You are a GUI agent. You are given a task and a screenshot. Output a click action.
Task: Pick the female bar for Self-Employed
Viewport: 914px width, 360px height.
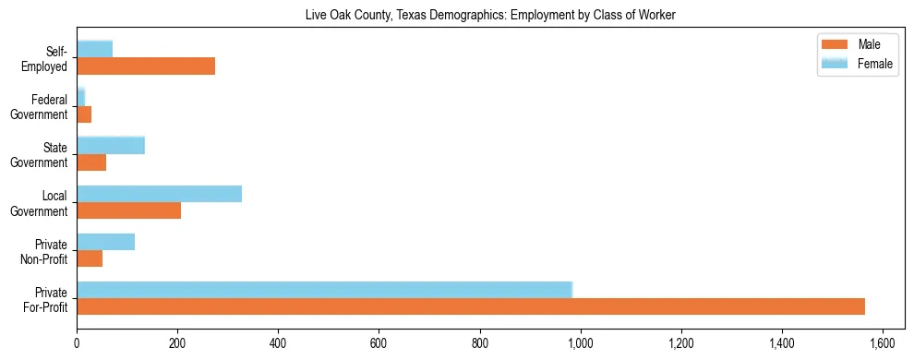coord(94,49)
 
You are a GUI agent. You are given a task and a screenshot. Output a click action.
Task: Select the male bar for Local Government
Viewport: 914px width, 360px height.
coord(128,210)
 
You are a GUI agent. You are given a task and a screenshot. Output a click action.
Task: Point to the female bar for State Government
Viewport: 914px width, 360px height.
coord(111,146)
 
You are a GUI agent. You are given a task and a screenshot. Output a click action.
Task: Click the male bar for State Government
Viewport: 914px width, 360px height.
coord(91,162)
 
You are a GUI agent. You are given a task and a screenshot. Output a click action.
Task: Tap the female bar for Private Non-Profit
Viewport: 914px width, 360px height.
coord(105,242)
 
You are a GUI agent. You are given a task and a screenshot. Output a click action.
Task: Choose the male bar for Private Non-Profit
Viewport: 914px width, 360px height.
coord(90,258)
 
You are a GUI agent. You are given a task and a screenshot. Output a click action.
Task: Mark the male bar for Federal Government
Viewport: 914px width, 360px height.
coord(84,114)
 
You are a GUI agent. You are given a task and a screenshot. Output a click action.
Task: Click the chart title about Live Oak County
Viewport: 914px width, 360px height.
coord(491,16)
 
